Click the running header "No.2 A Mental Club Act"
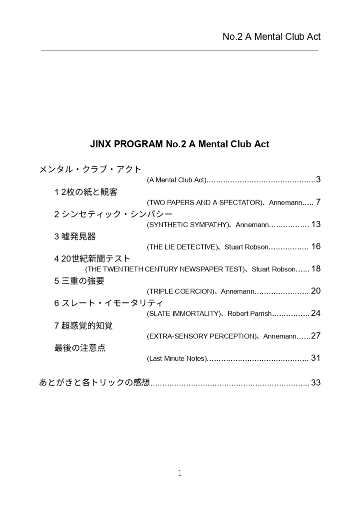point(271,36)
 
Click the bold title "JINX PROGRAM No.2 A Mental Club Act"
point(180,144)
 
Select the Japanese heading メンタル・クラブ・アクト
point(90,169)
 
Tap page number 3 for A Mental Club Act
point(318,180)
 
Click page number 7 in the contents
point(318,202)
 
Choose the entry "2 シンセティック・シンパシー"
point(113,214)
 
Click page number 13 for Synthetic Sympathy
point(316,225)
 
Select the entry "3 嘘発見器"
point(75,236)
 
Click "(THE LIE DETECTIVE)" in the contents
point(183,247)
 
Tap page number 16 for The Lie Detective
point(316,247)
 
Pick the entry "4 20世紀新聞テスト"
point(92,258)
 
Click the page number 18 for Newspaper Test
point(316,269)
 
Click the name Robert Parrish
point(250,313)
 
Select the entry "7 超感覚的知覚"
point(83,325)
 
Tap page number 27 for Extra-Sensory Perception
point(316,336)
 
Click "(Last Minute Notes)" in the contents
point(177,358)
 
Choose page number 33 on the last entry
point(316,383)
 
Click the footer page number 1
point(180,473)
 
